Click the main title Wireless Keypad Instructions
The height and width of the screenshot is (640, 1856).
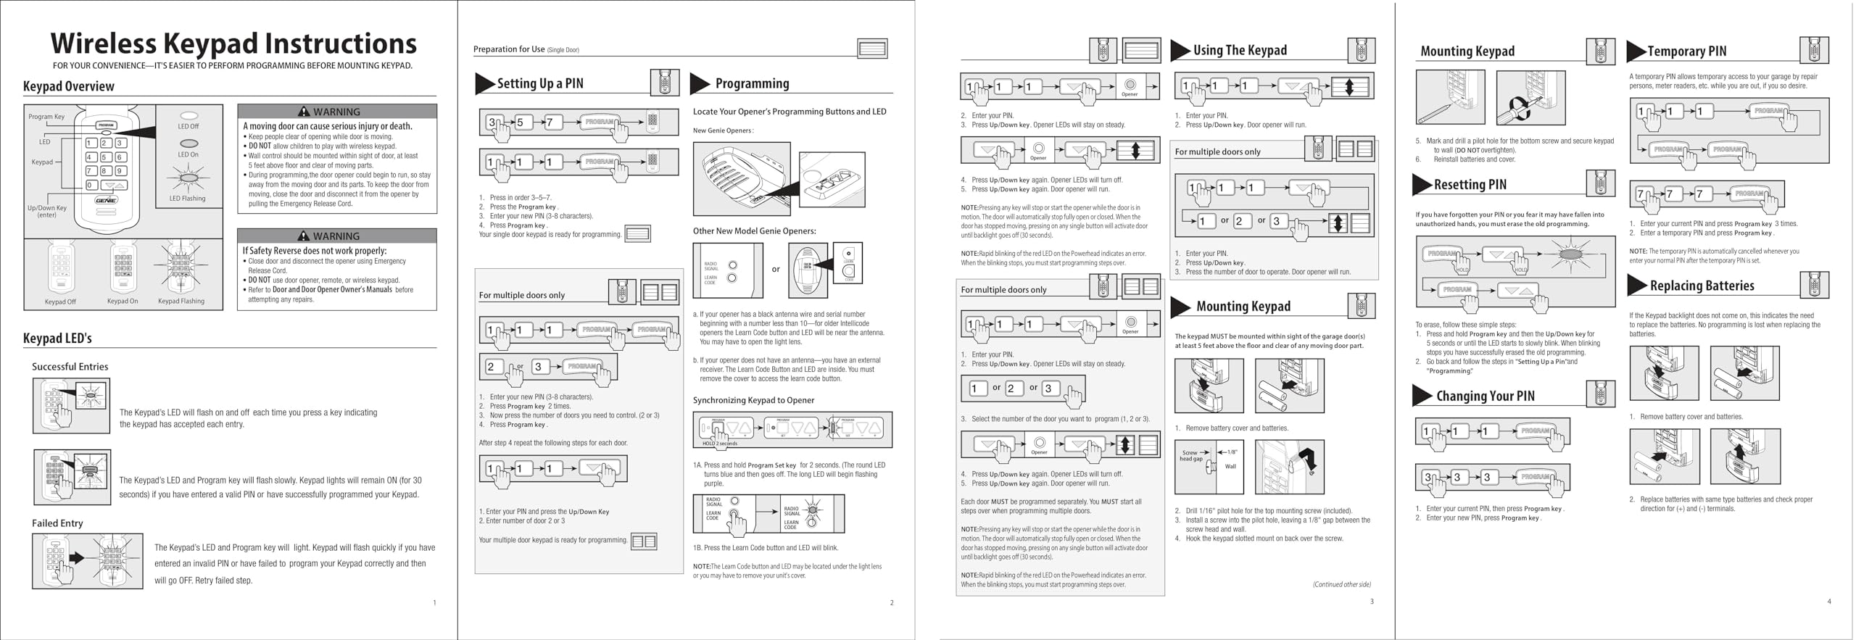pos(233,43)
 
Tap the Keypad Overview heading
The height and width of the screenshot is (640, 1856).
pos(69,86)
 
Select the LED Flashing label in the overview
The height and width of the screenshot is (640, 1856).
pos(187,199)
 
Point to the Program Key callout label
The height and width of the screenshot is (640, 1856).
pos(46,117)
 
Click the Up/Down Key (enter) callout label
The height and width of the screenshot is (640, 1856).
pos(46,211)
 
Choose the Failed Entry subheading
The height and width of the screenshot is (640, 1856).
pos(57,523)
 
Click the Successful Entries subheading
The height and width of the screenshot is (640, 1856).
pos(70,367)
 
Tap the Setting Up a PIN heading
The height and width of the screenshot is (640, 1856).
pos(540,83)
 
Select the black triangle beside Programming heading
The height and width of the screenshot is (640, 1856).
pos(700,83)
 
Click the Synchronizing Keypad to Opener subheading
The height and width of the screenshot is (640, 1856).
pos(753,400)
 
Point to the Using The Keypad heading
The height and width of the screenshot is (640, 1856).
pos(1240,50)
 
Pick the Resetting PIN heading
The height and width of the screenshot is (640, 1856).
pos(1470,185)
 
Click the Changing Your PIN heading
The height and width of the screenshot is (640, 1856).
pos(1485,396)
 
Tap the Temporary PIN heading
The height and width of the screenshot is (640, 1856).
pos(1686,51)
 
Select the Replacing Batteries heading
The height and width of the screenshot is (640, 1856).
pos(1702,286)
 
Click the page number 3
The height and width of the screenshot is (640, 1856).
pos(1372,601)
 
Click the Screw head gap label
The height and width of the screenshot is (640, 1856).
pos(1190,456)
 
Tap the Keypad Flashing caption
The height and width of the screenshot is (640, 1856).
pos(181,301)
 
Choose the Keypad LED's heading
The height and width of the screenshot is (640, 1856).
pos(57,338)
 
